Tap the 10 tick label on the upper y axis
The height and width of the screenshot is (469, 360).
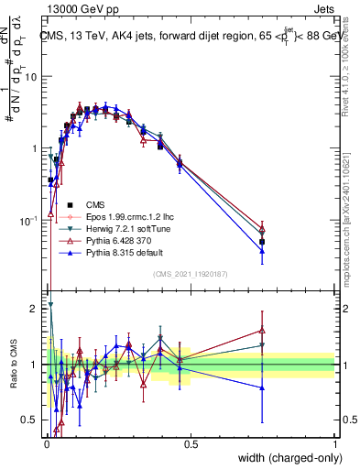[x=31, y=77]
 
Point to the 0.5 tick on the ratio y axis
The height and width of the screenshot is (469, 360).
[x=30, y=420]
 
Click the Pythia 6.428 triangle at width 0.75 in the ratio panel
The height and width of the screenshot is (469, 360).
[x=263, y=330]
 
